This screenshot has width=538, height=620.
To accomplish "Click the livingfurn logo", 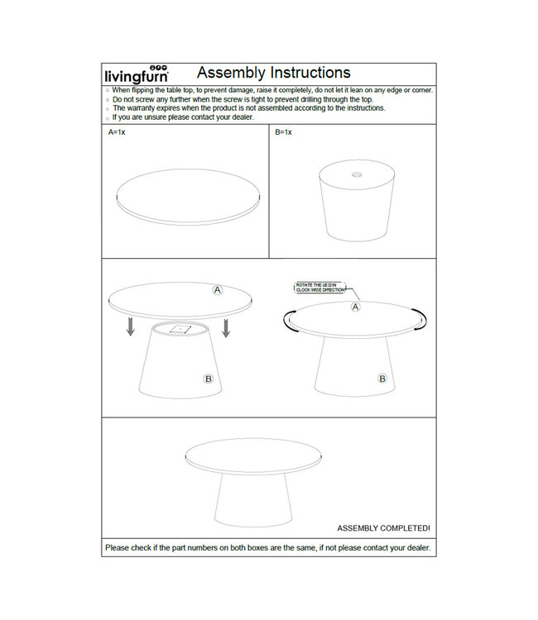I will pyautogui.click(x=137, y=74).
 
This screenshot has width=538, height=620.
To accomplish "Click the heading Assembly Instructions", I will pyautogui.click(x=273, y=73).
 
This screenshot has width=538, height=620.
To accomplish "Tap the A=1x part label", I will pyautogui.click(x=116, y=132).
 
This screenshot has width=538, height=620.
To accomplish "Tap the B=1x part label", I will pyautogui.click(x=284, y=132).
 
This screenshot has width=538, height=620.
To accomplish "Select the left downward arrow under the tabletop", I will pyautogui.click(x=130, y=327).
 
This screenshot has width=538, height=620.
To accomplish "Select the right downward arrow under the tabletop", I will pyautogui.click(x=225, y=327).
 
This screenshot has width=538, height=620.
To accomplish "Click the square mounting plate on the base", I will pyautogui.click(x=178, y=330).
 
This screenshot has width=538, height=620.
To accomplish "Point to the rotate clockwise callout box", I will pyautogui.click(x=322, y=289).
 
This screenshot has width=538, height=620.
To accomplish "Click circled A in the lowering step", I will pyautogui.click(x=218, y=290).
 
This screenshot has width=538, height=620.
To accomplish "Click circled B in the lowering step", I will pyautogui.click(x=209, y=379).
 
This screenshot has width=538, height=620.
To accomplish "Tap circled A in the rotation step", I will pyautogui.click(x=356, y=307).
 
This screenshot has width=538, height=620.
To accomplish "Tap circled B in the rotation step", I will pyautogui.click(x=382, y=379).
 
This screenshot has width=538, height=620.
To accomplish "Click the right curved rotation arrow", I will pyautogui.click(x=423, y=318).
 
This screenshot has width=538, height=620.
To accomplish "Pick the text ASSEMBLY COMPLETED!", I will pyautogui.click(x=383, y=527).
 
